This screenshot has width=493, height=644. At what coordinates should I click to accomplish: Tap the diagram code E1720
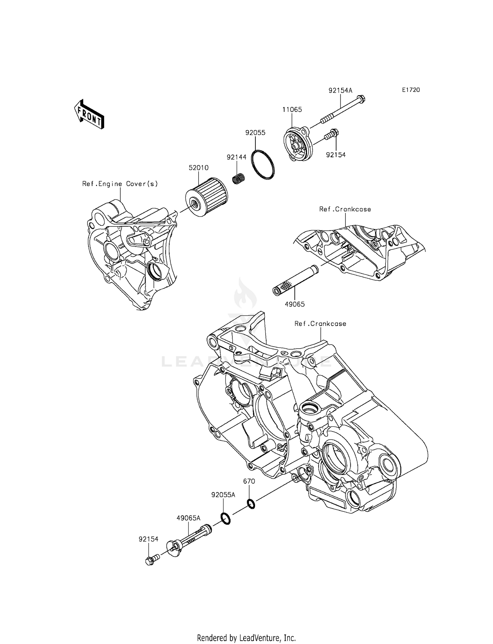point(411,90)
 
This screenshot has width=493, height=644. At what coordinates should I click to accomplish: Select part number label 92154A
point(340,90)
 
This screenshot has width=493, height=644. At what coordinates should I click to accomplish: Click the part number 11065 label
point(292,110)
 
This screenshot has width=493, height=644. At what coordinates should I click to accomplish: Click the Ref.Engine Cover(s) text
point(120,184)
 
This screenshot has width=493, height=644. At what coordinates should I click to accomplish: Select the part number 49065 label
point(294,304)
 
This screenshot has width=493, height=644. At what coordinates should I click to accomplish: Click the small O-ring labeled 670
point(251,504)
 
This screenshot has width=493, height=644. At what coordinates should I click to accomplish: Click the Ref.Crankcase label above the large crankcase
point(320,324)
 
